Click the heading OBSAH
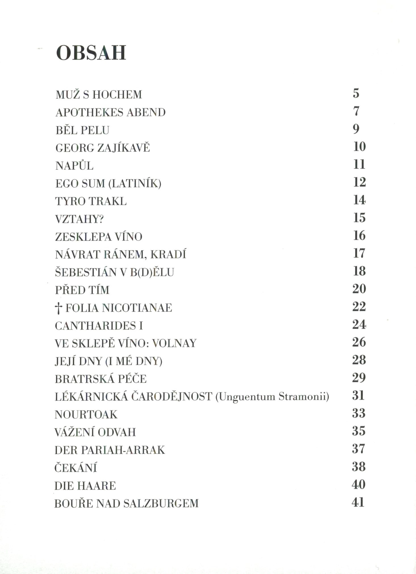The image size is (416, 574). pyautogui.click(x=91, y=53)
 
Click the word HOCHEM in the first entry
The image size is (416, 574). pyautogui.click(x=117, y=95)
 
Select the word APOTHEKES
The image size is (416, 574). pyautogui.click(x=89, y=113)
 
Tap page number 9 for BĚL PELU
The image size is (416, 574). pyautogui.click(x=356, y=129)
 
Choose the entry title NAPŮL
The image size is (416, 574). pyautogui.click(x=74, y=166)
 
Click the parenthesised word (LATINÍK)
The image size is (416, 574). pyautogui.click(x=135, y=184)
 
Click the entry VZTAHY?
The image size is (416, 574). pyautogui.click(x=79, y=219)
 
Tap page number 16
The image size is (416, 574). pyautogui.click(x=359, y=236)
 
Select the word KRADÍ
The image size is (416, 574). pyautogui.click(x=168, y=255)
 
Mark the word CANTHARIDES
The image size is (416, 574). pyautogui.click(x=95, y=326)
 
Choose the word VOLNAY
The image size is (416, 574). pyautogui.click(x=174, y=343)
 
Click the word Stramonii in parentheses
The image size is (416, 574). pyautogui.click(x=304, y=397)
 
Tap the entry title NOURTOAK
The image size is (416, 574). pyautogui.click(x=86, y=415)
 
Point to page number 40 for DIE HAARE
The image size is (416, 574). pyautogui.click(x=358, y=485)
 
